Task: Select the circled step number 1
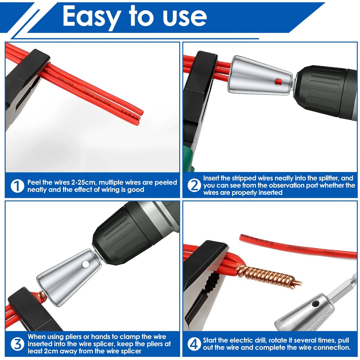(x=18, y=186)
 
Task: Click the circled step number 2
(x=194, y=186)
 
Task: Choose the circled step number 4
(x=194, y=344)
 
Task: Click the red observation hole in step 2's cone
(x=278, y=82)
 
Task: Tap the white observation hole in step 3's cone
(x=86, y=264)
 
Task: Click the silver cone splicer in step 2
(x=260, y=76)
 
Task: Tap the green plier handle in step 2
(x=189, y=159)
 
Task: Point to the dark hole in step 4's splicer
(x=316, y=304)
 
